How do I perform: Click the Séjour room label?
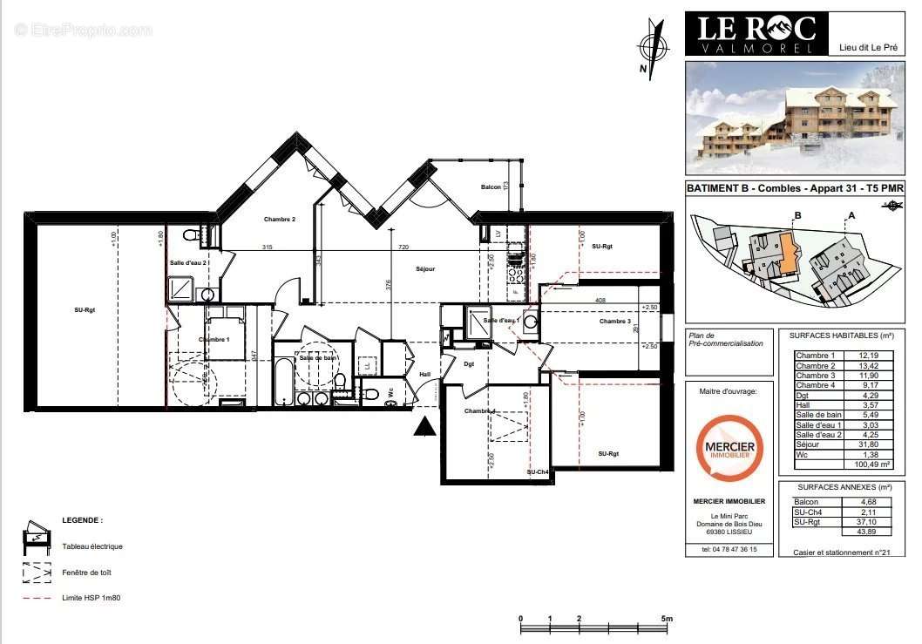424,268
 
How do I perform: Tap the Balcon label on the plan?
491,187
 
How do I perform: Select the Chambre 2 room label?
280,220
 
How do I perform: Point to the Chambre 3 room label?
614,322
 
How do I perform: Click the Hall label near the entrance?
425,374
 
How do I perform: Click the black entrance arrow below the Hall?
424,427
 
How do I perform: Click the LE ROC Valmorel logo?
755,33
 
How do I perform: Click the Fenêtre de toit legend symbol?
36,572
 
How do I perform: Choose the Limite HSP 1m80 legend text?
92,598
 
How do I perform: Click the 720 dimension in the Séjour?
403,247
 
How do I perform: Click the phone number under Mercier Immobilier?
729,549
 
